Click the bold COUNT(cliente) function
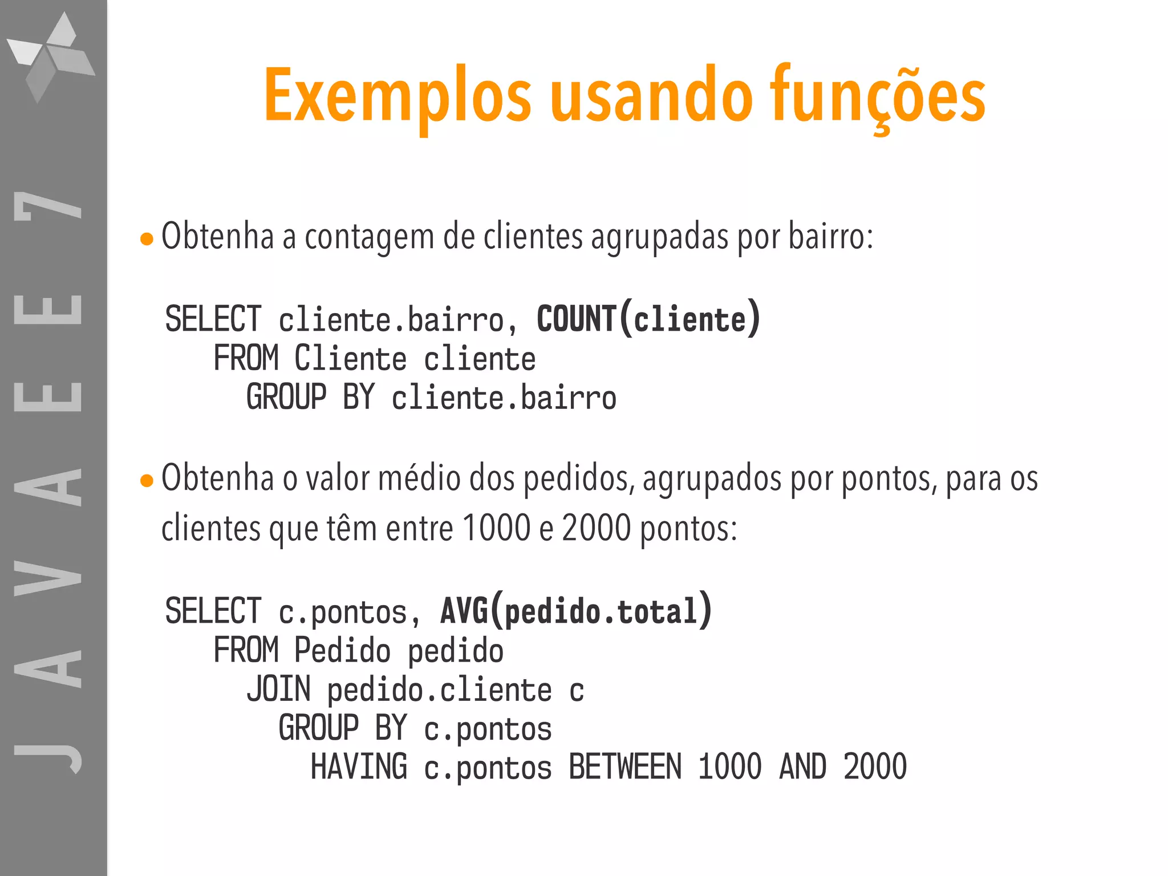[x=648, y=319]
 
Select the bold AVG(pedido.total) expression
[x=576, y=611]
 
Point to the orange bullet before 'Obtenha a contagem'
[x=147, y=239]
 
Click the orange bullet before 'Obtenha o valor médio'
[x=147, y=481]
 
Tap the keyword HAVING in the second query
[x=359, y=767]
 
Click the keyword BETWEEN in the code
[x=625, y=767]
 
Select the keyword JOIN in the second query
[x=279, y=690]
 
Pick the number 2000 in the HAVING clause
[x=875, y=767]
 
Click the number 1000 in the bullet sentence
[x=497, y=528]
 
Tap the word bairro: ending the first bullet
[x=830, y=237]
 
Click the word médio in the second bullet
[x=419, y=478]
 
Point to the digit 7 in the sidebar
[x=48, y=206]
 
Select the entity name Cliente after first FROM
[x=350, y=359]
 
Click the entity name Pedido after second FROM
[x=342, y=651]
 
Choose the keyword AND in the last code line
[x=802, y=767]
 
